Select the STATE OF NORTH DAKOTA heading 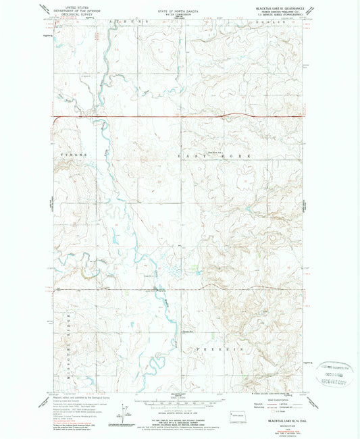pyautogui.click(x=179, y=5)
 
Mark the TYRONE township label pyautogui.click(x=70, y=155)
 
